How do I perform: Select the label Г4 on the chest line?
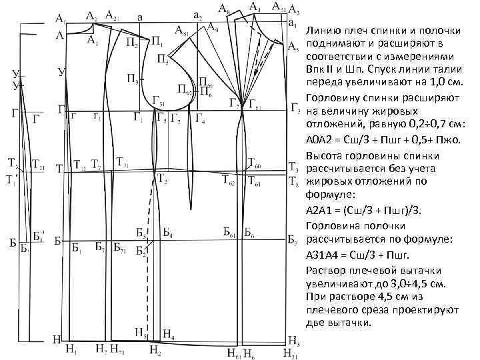point(201,120)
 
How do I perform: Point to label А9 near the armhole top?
point(211,27)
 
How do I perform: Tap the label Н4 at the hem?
point(168,335)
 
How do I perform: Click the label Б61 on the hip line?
point(229,234)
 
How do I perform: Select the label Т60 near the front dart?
point(254,162)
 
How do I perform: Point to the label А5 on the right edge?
point(294,47)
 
